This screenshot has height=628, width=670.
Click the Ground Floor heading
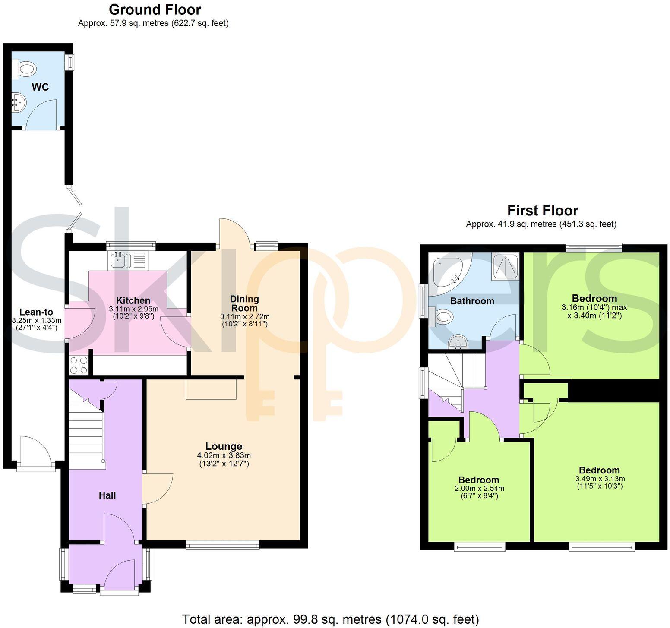[x=155, y=9]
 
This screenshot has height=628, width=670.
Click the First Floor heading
[x=542, y=211]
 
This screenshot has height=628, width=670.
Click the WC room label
[x=40, y=87]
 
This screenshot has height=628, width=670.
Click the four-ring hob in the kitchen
[x=79, y=365]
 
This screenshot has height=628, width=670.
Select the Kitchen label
[x=133, y=300]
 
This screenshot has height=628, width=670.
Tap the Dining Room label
[x=244, y=303]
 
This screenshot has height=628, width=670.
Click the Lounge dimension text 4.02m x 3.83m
[x=224, y=455]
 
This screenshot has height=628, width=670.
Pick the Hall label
[x=107, y=495]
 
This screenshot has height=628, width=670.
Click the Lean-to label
[x=36, y=312]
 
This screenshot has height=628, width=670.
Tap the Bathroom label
[x=472, y=301]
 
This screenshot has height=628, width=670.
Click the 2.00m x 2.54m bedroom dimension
[x=479, y=489]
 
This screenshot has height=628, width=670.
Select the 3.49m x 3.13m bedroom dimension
[x=600, y=479]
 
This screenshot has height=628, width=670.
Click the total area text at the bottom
[x=330, y=619]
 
